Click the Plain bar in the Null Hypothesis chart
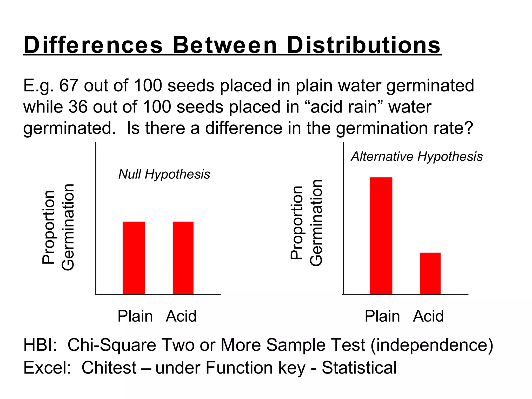click(134, 258)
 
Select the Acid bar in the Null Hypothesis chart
click(183, 258)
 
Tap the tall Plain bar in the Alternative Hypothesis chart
click(381, 236)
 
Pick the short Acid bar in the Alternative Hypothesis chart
click(430, 273)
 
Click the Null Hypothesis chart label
click(164, 174)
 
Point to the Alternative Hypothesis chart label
click(417, 156)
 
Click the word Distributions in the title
click(364, 45)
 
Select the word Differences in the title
click(93, 45)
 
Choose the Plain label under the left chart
click(135, 316)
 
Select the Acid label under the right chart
click(428, 316)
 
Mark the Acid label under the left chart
click(181, 316)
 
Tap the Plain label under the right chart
click(382, 316)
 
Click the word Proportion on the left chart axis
click(48, 227)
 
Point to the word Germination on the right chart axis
click(316, 223)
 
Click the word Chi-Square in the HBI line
click(112, 345)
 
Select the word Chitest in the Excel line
click(109, 368)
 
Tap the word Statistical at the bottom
click(359, 368)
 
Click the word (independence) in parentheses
click(432, 345)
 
